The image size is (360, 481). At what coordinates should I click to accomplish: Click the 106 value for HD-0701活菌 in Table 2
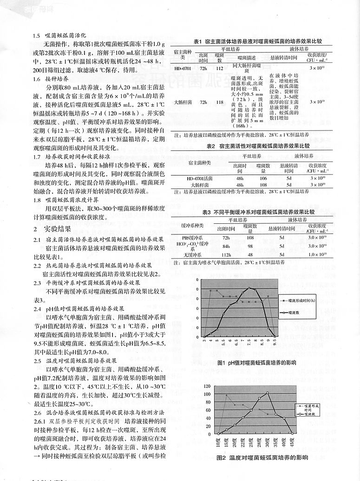[263, 178]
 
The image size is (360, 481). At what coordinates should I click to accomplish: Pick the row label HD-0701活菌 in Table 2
[199, 178]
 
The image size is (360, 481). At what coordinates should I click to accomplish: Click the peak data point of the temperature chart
[268, 393]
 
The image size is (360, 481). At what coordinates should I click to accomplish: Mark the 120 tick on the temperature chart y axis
[207, 386]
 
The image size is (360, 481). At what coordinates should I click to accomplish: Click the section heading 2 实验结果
[52, 228]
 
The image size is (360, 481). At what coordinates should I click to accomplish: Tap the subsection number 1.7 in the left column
[37, 156]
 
